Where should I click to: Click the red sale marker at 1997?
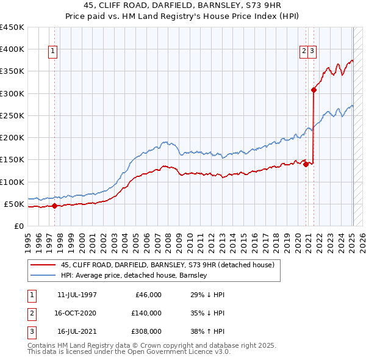click(x=54, y=206)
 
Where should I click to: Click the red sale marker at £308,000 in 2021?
click(x=314, y=90)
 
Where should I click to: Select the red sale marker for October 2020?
click(x=306, y=164)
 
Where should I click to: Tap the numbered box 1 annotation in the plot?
click(x=54, y=52)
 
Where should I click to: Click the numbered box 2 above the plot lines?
click(x=303, y=52)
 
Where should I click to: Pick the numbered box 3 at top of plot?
click(x=312, y=52)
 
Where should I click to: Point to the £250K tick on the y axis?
click(x=12, y=115)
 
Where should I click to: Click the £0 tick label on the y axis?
click(x=18, y=226)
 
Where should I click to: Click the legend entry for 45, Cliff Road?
click(x=168, y=265)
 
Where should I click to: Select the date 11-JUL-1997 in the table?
click(x=77, y=295)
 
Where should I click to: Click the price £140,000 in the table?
click(x=147, y=313)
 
